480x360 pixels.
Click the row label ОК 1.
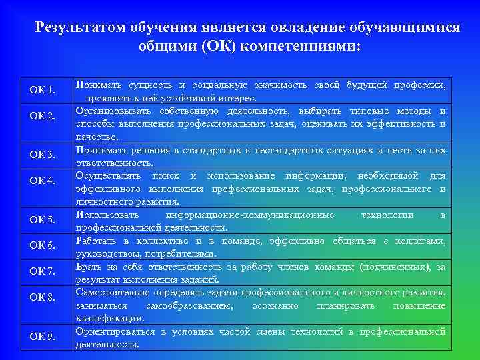click(x=42, y=90)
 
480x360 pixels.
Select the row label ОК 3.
click(x=42, y=155)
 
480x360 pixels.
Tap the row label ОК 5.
click(x=42, y=220)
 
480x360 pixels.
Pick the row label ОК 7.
click(x=42, y=271)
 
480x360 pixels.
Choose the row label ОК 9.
click(x=42, y=335)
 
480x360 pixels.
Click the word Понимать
click(x=98, y=85)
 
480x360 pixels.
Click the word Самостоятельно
click(x=114, y=292)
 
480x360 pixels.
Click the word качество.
click(x=97, y=137)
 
